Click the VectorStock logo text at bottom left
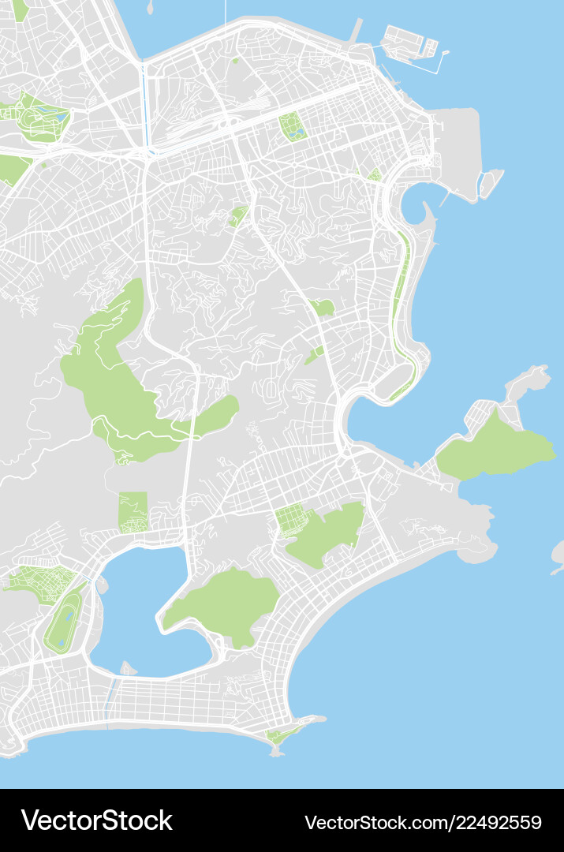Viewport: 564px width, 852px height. [x=96, y=820]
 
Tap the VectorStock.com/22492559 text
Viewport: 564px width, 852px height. [x=423, y=821]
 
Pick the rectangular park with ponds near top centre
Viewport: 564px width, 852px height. [x=293, y=126]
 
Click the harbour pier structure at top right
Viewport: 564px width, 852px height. [x=410, y=43]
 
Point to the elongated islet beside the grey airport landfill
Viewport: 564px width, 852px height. [x=491, y=183]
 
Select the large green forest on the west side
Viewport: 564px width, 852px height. [x=118, y=379]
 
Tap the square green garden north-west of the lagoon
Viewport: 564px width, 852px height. [x=133, y=511]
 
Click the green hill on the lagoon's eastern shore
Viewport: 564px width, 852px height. [x=225, y=603]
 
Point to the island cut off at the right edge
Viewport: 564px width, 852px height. [x=558, y=552]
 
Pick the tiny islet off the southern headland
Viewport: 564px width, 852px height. [x=276, y=752]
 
